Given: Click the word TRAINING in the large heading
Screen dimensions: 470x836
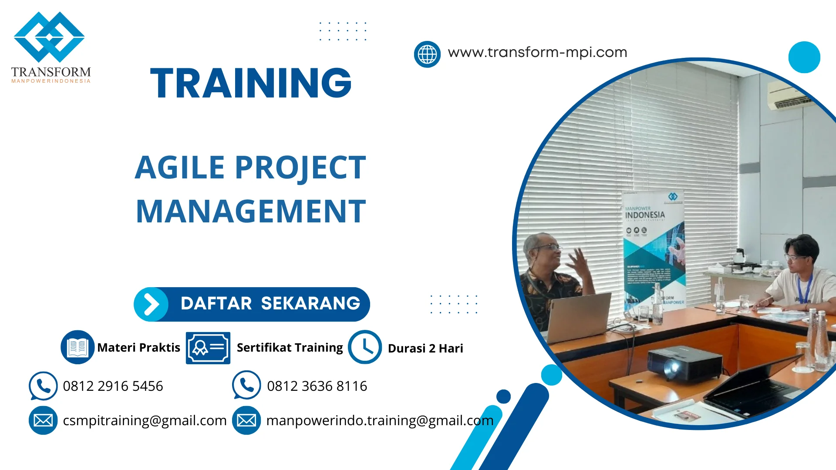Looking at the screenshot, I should pos(251,83).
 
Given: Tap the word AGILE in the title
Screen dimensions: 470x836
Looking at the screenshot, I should pos(179,168).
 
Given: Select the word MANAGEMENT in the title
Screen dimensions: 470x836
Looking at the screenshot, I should pos(251,211).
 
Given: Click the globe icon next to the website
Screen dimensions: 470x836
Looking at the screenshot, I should pos(427,54).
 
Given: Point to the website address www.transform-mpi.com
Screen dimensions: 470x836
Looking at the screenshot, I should pos(537,52).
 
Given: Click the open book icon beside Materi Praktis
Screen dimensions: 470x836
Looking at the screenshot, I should pos(78,347).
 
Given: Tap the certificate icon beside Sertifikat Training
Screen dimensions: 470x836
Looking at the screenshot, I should pos(208,348).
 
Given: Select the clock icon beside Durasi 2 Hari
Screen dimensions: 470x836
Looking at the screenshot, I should pos(364,347).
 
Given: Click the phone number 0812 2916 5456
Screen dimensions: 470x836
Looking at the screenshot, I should pos(113,386).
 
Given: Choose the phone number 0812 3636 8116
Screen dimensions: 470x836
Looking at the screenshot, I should pos(317,386).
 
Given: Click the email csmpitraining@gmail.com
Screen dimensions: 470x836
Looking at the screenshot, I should pos(145,420).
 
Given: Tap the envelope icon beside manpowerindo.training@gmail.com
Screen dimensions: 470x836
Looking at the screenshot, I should pos(246,420).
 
